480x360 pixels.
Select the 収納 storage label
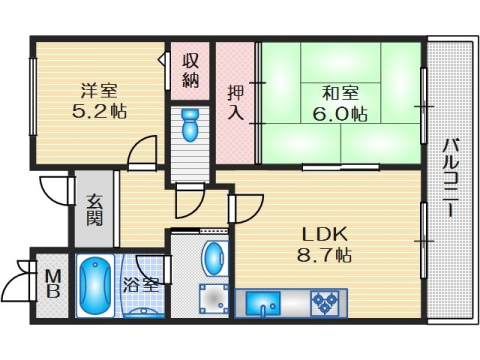tap(191, 69)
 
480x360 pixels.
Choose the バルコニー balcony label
tap(451, 180)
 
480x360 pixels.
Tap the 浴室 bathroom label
tap(141, 285)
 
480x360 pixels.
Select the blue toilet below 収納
tap(191, 126)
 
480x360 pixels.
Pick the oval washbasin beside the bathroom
tap(215, 257)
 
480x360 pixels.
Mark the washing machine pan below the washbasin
tap(215, 299)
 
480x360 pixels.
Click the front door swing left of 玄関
tap(53, 193)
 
